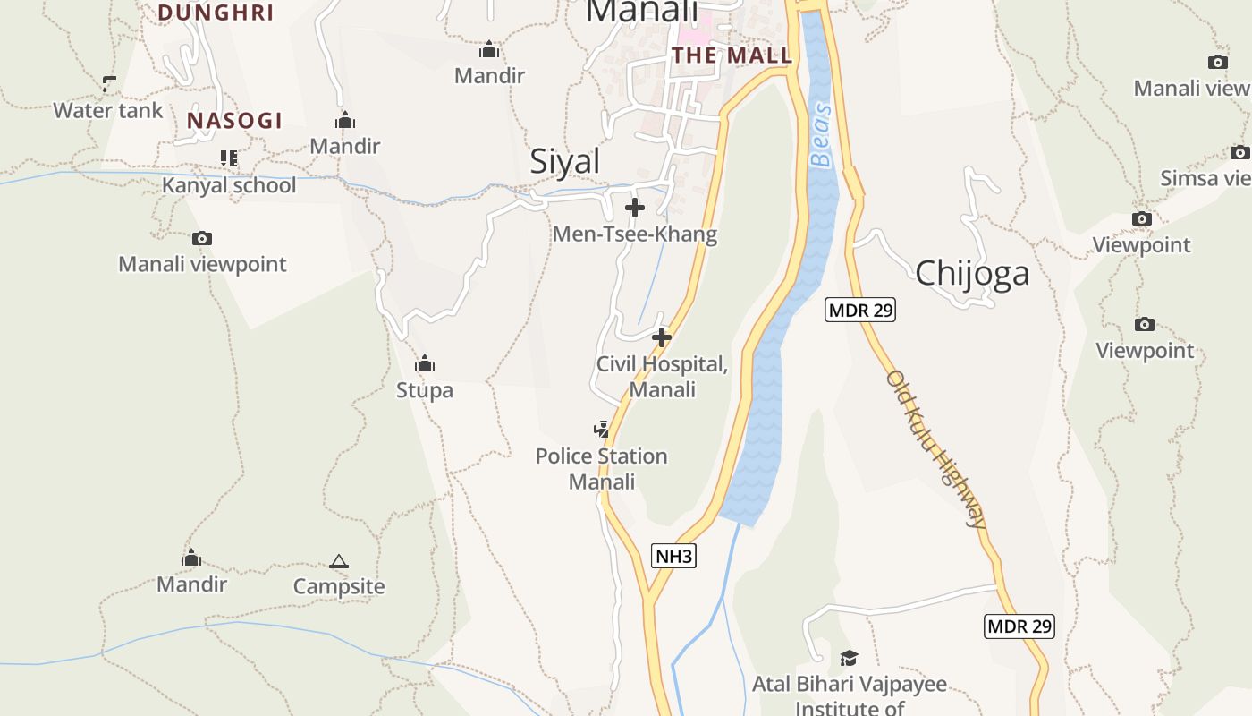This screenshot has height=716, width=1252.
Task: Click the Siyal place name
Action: (x=564, y=162)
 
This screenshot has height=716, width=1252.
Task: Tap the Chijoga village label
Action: (x=971, y=273)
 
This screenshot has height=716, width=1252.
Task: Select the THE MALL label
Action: (x=732, y=55)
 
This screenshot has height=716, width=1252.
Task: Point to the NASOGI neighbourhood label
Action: (x=234, y=121)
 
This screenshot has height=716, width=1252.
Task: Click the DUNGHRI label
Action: (x=216, y=13)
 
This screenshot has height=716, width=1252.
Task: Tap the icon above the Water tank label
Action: (x=109, y=84)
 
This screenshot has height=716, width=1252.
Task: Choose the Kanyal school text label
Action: (x=228, y=185)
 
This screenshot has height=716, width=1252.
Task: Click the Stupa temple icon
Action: (x=425, y=363)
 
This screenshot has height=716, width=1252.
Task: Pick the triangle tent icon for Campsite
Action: (x=338, y=561)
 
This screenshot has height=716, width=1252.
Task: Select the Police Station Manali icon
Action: (x=601, y=430)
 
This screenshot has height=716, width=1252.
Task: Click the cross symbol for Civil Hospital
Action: (x=662, y=337)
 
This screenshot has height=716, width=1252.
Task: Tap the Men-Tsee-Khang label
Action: (x=634, y=234)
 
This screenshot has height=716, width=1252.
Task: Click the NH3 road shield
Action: (x=673, y=556)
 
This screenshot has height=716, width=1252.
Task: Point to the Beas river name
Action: (x=821, y=135)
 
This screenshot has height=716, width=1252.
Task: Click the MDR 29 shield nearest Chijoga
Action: (x=859, y=310)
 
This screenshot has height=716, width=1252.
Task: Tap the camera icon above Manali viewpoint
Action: (x=202, y=238)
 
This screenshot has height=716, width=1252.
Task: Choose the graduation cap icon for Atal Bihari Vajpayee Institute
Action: (x=849, y=658)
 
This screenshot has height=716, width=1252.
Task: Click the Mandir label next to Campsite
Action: (x=191, y=584)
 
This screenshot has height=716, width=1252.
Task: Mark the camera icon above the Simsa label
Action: (x=1239, y=152)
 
